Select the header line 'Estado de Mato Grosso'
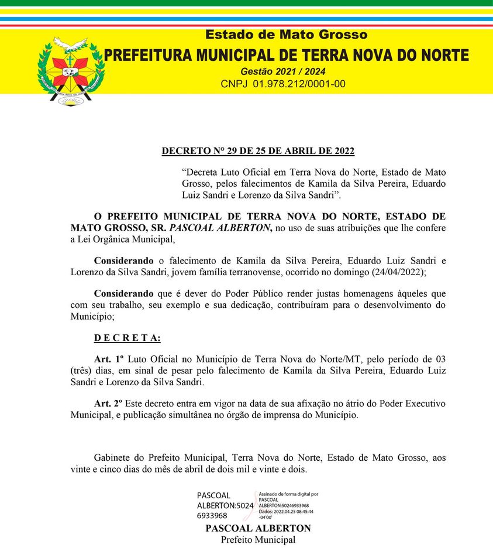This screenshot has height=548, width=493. tap(286, 35)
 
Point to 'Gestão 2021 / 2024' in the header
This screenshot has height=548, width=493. tap(283, 71)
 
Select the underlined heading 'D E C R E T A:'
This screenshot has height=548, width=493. tap(127, 338)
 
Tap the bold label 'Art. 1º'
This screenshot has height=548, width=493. tap(109, 358)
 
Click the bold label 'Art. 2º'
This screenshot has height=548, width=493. tap(109, 403)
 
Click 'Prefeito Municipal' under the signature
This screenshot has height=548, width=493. tap(258, 540)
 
